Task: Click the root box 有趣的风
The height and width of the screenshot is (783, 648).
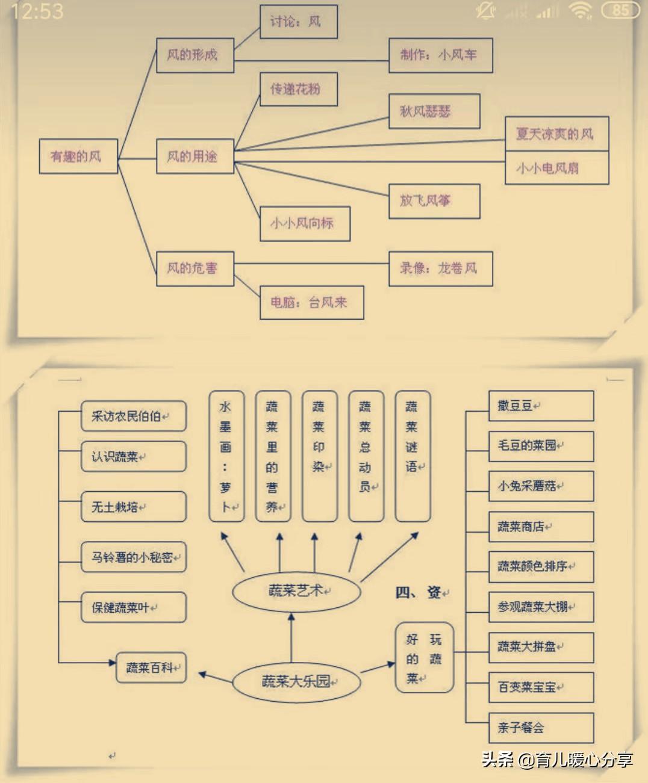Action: (78, 156)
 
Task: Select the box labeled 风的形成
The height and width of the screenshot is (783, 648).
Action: (195, 55)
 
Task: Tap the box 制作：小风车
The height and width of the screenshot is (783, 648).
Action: (440, 55)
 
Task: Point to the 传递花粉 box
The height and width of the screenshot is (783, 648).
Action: (298, 89)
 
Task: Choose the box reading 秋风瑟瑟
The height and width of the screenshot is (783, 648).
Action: (434, 111)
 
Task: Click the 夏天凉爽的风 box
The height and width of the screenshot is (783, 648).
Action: (556, 134)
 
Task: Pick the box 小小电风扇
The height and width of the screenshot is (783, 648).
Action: (556, 168)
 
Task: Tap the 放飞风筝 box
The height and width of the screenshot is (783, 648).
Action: (434, 201)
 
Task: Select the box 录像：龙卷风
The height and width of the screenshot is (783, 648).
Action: (440, 268)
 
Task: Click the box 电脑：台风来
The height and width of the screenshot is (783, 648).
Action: (311, 302)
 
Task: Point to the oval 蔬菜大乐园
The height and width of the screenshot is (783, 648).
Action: (296, 682)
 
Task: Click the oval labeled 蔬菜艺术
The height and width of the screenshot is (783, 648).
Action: (296, 591)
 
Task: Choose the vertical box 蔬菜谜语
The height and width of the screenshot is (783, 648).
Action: (413, 456)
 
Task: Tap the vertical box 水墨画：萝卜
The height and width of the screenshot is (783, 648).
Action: (226, 456)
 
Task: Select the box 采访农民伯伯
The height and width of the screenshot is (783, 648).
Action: (134, 416)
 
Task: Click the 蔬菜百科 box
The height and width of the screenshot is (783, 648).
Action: (151, 668)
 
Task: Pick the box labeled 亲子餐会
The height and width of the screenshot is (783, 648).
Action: (541, 728)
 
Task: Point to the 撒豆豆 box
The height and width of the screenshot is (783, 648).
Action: (541, 406)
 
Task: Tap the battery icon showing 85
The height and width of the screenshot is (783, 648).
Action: (620, 10)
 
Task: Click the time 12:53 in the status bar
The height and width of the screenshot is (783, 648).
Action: (37, 11)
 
